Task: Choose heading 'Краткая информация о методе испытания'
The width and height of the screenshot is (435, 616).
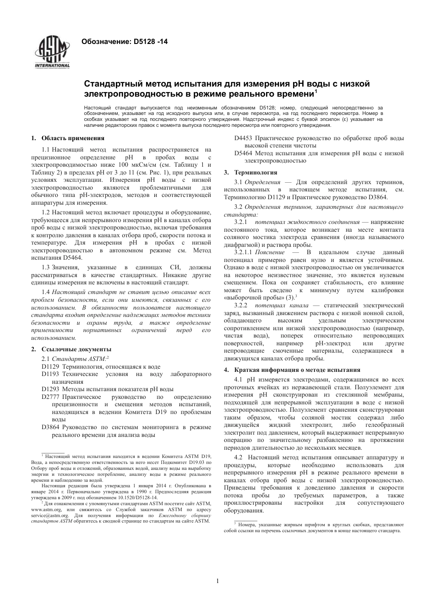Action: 297,370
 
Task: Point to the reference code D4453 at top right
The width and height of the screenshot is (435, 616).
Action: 243,138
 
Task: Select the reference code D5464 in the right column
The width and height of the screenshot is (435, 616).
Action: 243,153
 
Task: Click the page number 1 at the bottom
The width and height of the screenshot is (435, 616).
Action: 217,581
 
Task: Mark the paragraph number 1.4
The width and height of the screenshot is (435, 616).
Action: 46,292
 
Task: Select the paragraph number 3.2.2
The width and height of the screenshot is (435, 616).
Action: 241,305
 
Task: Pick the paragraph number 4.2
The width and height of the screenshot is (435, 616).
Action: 238,457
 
